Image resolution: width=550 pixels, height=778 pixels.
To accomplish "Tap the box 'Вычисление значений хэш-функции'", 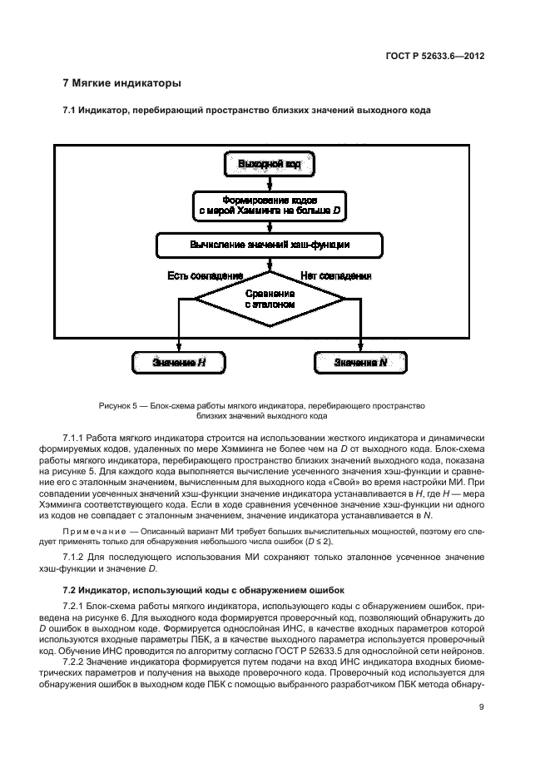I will click(x=269, y=245).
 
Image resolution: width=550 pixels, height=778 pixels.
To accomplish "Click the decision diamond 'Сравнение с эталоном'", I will click(x=269, y=300).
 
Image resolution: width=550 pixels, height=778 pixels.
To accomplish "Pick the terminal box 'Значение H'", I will click(x=179, y=362).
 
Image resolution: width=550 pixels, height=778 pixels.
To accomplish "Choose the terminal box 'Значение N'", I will click(x=360, y=362).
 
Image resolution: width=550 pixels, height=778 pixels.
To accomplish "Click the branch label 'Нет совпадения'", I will click(x=335, y=275).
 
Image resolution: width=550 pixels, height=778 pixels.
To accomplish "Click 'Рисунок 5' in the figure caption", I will click(x=118, y=405).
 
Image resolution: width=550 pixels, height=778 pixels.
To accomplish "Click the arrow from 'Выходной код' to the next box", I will click(x=269, y=183).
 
